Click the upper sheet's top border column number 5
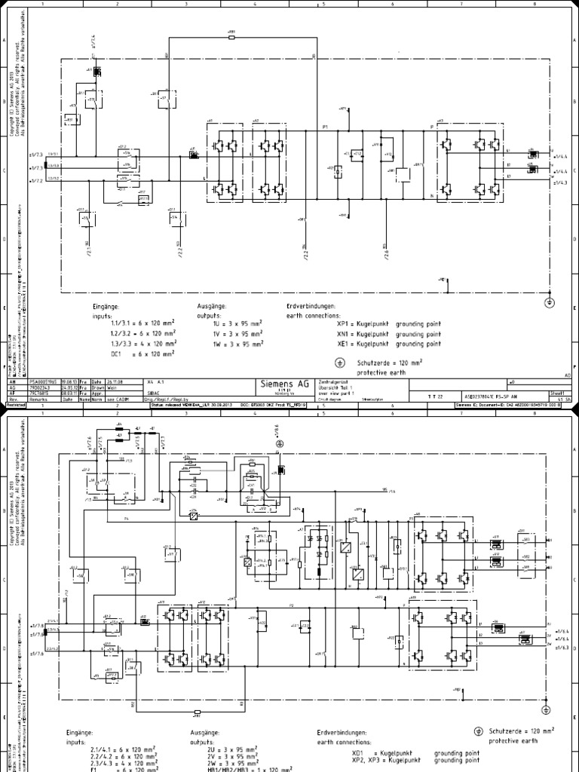[x=323, y=4]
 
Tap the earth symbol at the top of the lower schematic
[x=280, y=445]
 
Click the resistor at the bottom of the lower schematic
[x=197, y=711]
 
